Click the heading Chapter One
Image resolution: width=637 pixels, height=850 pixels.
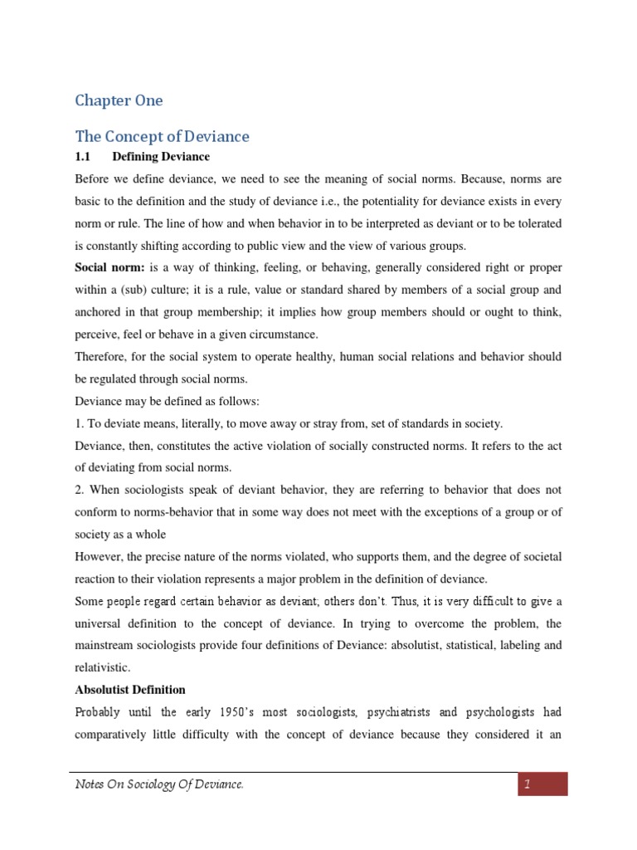coord(119,100)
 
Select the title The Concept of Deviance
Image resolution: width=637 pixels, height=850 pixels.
coord(162,136)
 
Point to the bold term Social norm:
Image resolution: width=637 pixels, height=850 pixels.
coord(109,268)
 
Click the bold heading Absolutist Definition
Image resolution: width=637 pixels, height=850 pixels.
coord(130,690)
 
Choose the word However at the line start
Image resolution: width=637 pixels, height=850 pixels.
coord(101,555)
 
